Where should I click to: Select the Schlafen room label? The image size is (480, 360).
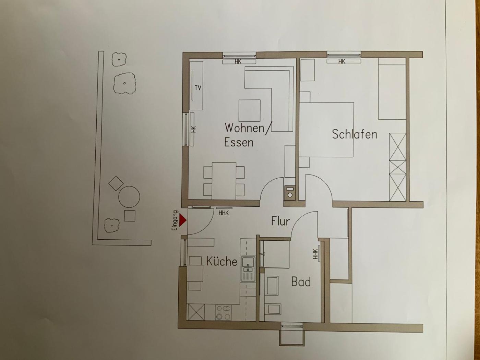(x=355, y=134)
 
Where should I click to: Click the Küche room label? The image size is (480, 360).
(x=222, y=261)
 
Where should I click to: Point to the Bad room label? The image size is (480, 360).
(x=301, y=282)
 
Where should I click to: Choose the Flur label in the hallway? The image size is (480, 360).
(x=280, y=221)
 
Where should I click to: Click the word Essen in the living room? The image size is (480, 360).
(x=239, y=142)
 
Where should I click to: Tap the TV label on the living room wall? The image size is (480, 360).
(x=198, y=88)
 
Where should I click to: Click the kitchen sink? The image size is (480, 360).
(x=248, y=269)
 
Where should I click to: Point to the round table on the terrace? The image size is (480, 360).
(x=129, y=197)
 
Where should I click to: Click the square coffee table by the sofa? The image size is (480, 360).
(x=249, y=111)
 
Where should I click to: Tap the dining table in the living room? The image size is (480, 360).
(x=224, y=181)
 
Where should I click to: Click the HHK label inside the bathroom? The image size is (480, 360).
(x=315, y=254)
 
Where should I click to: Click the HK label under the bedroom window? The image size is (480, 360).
(x=341, y=62)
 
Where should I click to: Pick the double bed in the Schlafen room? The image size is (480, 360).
(x=326, y=130)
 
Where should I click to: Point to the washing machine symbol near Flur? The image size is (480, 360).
(x=290, y=193)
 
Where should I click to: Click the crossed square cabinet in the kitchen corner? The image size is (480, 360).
(x=196, y=312)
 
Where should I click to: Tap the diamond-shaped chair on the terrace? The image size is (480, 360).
(x=116, y=183)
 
